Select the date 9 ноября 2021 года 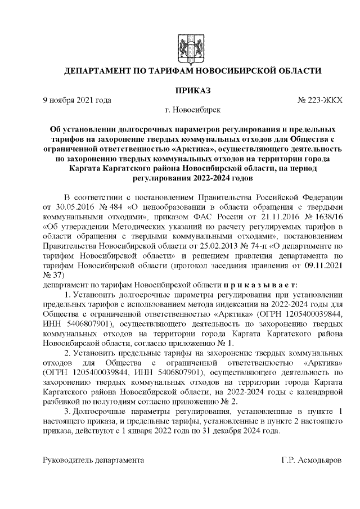click(x=77, y=100)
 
